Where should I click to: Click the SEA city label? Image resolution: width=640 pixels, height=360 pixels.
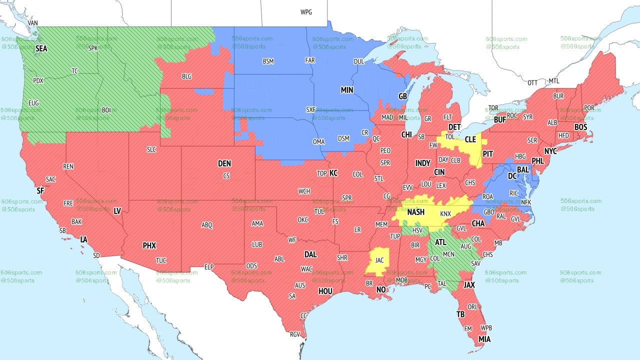41,49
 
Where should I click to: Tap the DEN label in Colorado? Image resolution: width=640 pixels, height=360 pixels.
224,163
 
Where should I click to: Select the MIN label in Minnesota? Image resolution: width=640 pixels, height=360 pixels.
347,90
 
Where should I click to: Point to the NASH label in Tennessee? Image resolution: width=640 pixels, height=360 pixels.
415,212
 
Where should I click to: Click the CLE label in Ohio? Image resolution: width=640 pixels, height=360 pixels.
470,140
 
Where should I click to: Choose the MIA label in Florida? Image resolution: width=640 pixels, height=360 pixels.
484,339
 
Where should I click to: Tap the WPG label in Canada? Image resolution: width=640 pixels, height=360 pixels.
306,12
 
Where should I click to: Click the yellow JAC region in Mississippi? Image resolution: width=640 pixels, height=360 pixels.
379,260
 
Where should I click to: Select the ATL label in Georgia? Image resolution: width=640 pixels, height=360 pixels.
440,242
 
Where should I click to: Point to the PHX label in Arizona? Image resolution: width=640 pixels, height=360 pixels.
149,246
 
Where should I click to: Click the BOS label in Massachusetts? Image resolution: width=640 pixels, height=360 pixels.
580,127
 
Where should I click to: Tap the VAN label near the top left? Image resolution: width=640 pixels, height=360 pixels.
33,23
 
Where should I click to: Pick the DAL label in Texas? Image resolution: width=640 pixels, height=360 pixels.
310,254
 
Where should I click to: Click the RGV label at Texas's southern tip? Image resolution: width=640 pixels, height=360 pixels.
294,334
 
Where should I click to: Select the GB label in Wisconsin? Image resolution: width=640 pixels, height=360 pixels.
402,96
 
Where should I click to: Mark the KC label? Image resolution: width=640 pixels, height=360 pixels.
333,173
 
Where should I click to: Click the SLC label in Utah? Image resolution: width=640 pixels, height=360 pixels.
151,149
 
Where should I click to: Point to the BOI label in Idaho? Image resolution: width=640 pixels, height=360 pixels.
106,110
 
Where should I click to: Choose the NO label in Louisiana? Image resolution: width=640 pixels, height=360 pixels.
381,290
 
